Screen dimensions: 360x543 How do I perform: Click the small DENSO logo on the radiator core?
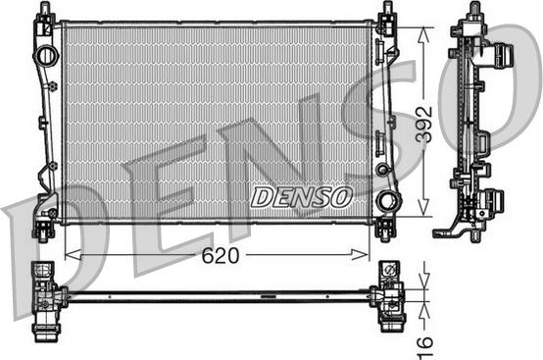(x=301, y=197)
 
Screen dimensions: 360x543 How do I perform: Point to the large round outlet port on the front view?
(x=389, y=203)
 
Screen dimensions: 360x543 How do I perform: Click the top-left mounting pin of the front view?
(x=44, y=12)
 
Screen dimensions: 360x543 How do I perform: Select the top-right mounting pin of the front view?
(x=386, y=12)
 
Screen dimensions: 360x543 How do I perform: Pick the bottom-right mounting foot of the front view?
(x=385, y=230)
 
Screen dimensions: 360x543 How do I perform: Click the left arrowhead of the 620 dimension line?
(x=68, y=254)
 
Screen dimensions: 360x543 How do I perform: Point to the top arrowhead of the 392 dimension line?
(x=424, y=30)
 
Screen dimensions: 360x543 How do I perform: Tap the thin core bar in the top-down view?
(x=216, y=295)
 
